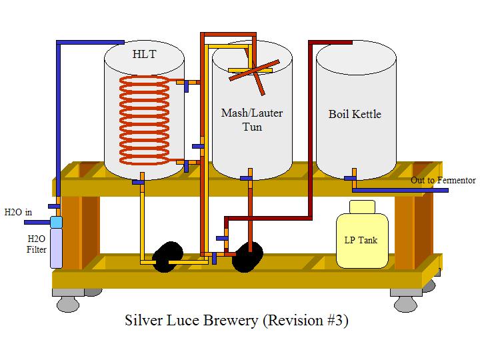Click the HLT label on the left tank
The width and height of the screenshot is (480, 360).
pyautogui.click(x=144, y=53)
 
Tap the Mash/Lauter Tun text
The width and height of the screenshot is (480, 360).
pyautogui.click(x=251, y=119)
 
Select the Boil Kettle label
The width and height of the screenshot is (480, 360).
pyautogui.click(x=355, y=114)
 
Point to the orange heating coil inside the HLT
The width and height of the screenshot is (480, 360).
pyautogui.click(x=144, y=120)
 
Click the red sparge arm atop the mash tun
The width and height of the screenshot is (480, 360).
pyautogui.click(x=251, y=72)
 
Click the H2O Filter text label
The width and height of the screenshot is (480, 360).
pyautogui.click(x=36, y=244)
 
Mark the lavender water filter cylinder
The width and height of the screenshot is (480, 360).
pyautogui.click(x=56, y=247)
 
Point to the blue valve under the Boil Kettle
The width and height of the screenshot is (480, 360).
pyautogui.click(x=349, y=178)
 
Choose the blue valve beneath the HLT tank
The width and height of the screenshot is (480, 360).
pyautogui.click(x=139, y=181)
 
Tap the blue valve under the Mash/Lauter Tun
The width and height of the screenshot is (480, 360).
pyautogui.click(x=247, y=178)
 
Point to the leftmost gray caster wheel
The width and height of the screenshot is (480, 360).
pyautogui.click(x=67, y=304)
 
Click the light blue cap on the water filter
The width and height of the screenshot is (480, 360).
pyautogui.click(x=56, y=221)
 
